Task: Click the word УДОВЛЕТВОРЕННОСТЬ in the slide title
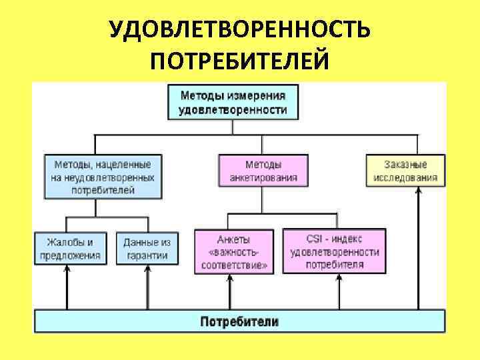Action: pyautogui.click(x=239, y=30)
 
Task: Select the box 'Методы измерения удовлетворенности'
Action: pyautogui.click(x=233, y=102)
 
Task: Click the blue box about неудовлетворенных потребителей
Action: pyautogui.click(x=103, y=177)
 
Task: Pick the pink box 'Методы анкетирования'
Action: pyautogui.click(x=263, y=171)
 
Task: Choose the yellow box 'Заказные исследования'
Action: pyautogui.click(x=405, y=171)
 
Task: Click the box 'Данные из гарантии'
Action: pyautogui.click(x=147, y=248)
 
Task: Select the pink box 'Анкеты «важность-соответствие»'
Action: pyautogui.click(x=233, y=251)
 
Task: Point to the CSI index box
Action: pyautogui.click(x=335, y=251)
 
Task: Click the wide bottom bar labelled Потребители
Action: pyautogui.click(x=239, y=321)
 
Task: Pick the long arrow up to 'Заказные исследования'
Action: pyautogui.click(x=418, y=247)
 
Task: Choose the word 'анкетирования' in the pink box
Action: pyautogui.click(x=263, y=178)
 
